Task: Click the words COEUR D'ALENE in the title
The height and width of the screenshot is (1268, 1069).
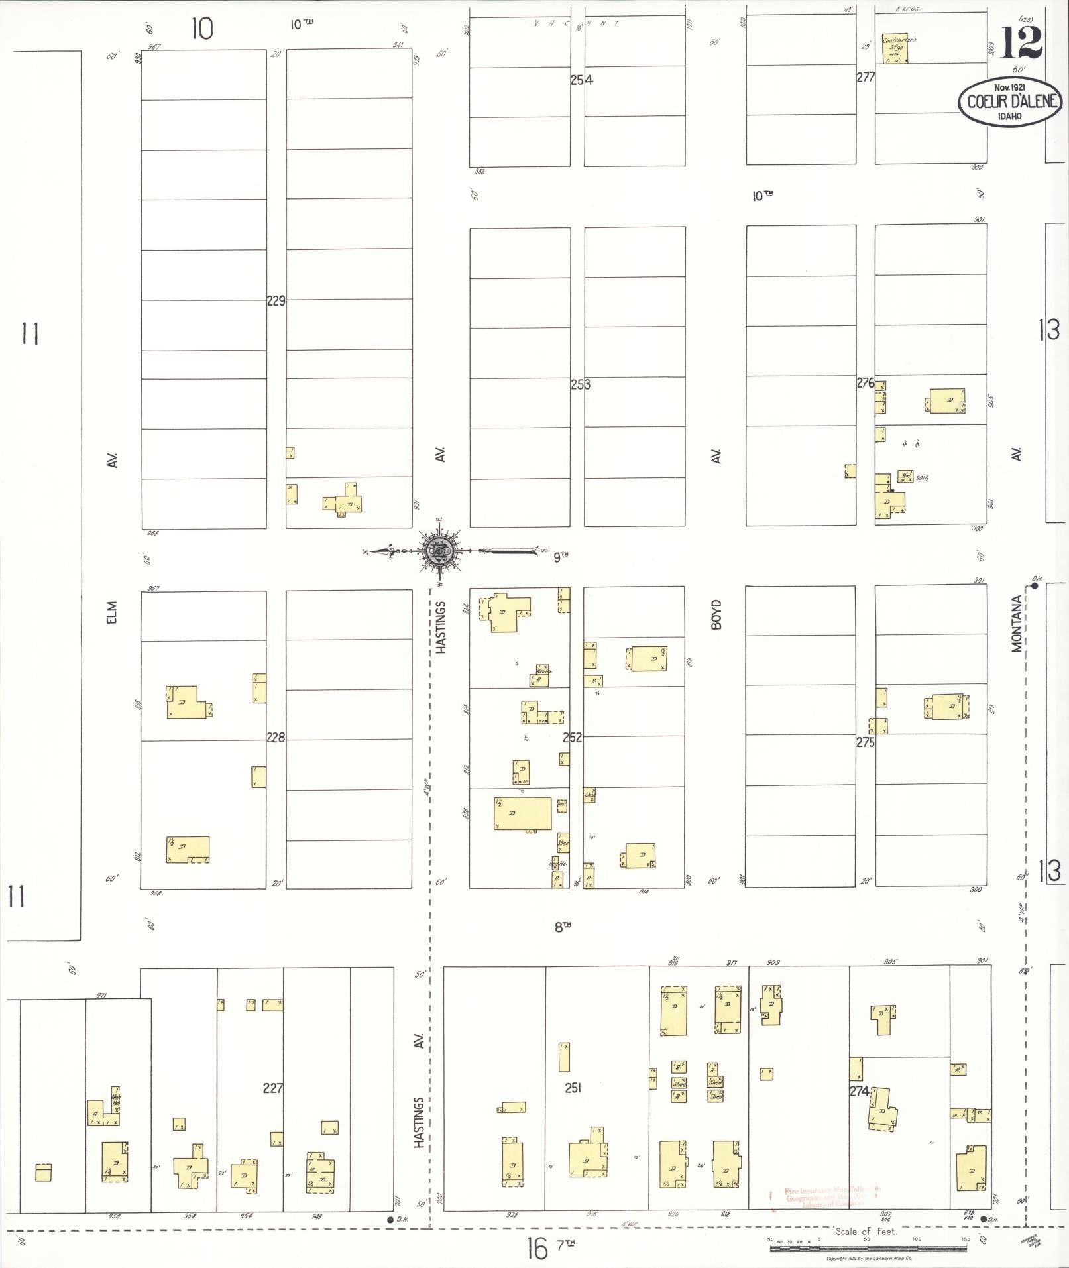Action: pos(1009,102)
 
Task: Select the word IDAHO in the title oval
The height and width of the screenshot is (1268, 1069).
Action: pos(1009,116)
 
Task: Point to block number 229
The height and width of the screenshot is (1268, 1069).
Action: pos(276,301)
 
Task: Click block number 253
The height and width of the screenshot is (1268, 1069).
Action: pos(580,384)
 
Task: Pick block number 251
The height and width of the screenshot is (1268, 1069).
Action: pos(573,1088)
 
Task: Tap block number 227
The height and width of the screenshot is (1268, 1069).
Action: pos(273,1088)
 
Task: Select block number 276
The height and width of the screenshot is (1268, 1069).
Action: pos(866,383)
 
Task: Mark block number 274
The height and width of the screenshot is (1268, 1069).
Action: pos(859,1091)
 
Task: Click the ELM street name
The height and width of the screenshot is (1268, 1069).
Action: pos(111,612)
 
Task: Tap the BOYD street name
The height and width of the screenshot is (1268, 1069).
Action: pos(716,614)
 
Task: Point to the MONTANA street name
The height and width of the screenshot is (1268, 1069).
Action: pos(1017,623)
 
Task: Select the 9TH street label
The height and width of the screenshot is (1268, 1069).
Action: pos(561,557)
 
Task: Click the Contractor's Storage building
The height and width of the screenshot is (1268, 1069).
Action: pos(894,49)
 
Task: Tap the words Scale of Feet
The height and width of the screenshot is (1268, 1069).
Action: pos(866,1231)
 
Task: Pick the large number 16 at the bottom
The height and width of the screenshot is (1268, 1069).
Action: pos(537,1250)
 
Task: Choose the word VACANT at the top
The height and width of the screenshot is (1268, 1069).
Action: pos(577,23)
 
